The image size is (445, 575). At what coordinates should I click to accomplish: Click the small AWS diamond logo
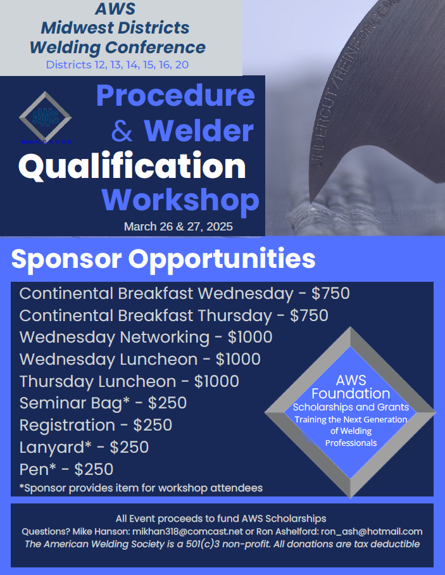(45, 117)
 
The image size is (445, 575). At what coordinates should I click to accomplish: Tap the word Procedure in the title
(175, 96)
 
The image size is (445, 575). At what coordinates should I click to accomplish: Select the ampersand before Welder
(122, 130)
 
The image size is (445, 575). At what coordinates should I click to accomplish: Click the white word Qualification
(132, 167)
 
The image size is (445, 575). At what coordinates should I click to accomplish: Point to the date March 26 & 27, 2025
(178, 226)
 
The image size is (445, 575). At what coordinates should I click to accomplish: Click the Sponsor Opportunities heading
(163, 259)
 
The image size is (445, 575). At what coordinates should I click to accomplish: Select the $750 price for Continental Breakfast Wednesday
(330, 293)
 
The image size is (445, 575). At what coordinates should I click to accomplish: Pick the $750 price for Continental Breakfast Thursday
(309, 315)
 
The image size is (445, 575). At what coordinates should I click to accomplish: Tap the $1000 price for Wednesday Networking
(250, 337)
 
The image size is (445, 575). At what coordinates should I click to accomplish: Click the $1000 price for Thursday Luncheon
(216, 381)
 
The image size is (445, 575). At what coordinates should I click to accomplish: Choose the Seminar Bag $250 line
(103, 403)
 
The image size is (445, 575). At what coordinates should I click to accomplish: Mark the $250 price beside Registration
(153, 426)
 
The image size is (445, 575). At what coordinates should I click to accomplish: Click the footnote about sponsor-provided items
(141, 488)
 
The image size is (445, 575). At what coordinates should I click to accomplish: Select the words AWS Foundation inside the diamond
(351, 387)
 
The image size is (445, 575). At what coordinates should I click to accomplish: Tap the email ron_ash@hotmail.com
(372, 531)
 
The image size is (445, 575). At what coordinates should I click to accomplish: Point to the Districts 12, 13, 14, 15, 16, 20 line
(117, 65)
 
